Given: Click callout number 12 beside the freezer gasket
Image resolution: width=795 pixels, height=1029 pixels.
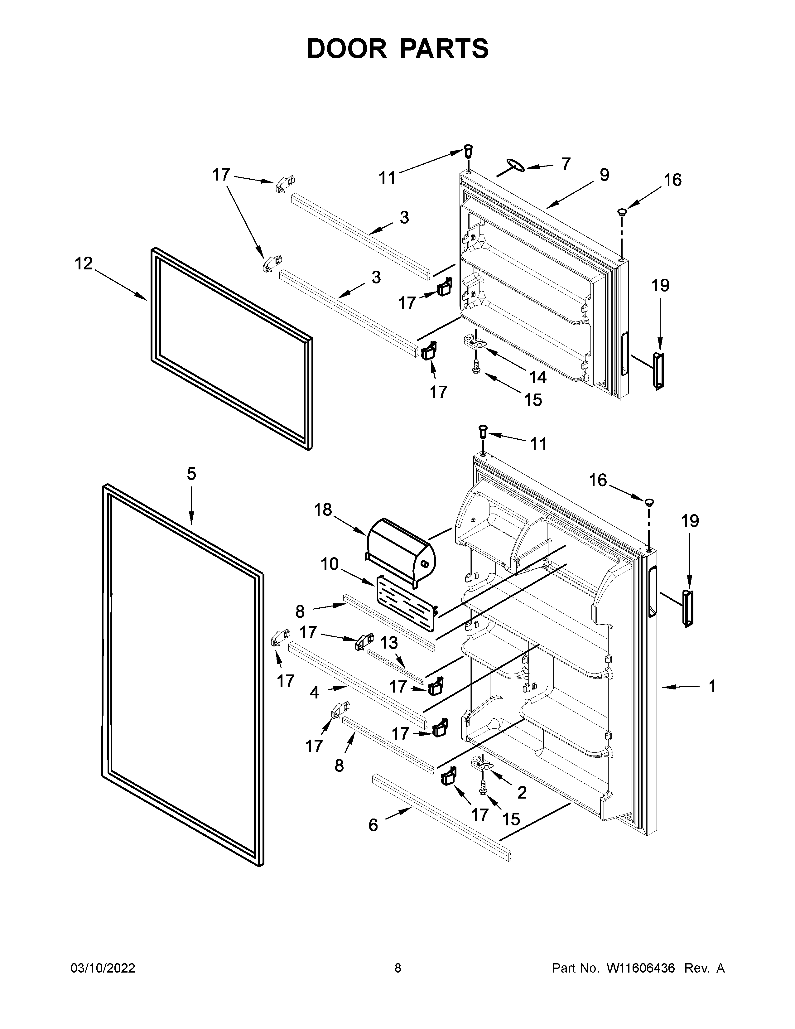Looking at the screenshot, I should pyautogui.click(x=84, y=263).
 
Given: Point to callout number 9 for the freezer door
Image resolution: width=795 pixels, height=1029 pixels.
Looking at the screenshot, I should pyautogui.click(x=604, y=175).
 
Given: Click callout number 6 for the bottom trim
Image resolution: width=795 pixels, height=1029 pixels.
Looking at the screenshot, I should pyautogui.click(x=373, y=825).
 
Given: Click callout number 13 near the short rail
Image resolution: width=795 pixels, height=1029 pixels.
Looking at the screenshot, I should pyautogui.click(x=389, y=642).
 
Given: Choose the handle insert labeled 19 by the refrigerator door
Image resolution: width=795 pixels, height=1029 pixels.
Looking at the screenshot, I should pyautogui.click(x=688, y=608).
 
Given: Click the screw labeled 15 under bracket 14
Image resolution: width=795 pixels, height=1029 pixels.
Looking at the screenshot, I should pyautogui.click(x=476, y=366).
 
